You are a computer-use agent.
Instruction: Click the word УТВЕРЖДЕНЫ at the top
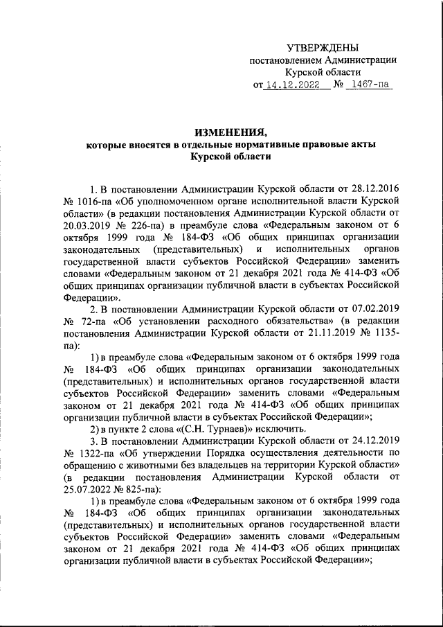coord(323,48)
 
